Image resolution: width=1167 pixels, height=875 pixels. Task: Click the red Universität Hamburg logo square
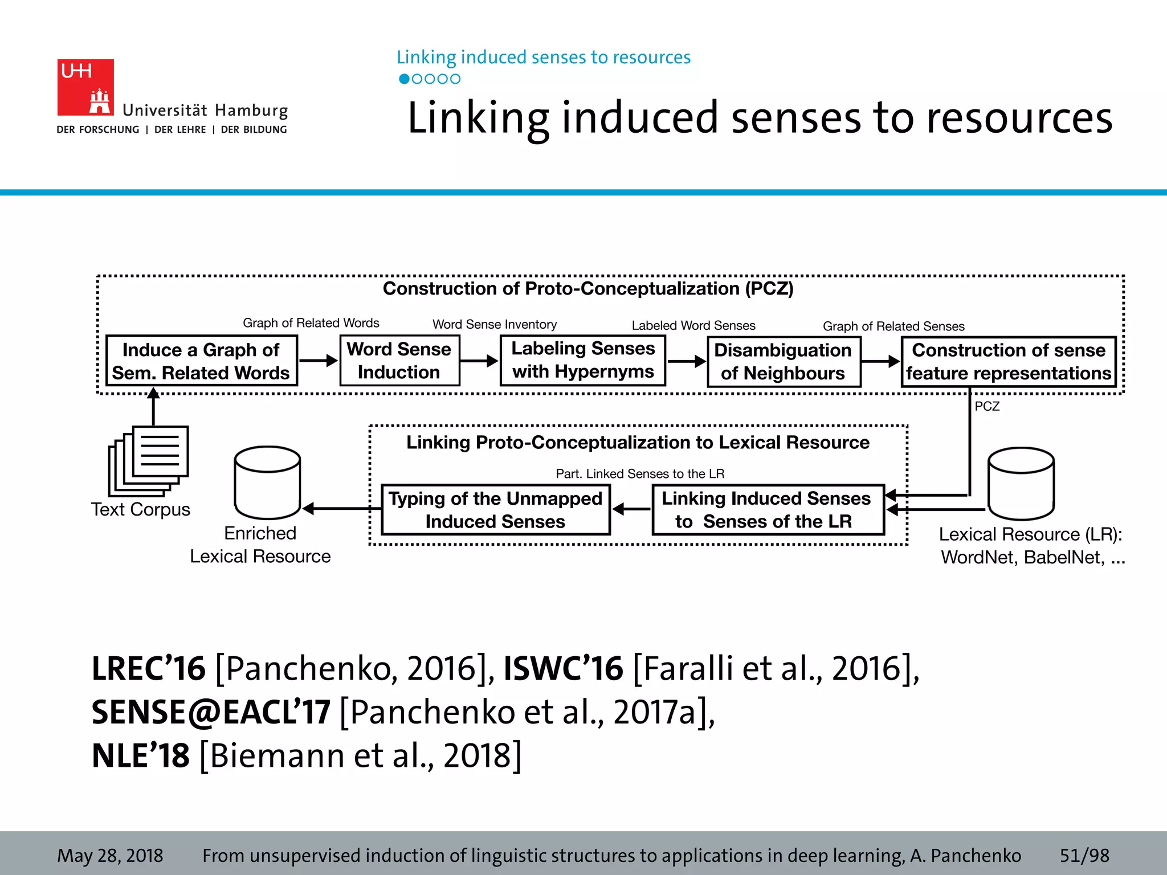[85, 87]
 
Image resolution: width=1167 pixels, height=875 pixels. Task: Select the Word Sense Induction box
[399, 361]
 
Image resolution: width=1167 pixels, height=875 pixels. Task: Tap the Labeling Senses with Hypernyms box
[583, 360]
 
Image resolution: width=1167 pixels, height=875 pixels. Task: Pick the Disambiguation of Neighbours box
[784, 362]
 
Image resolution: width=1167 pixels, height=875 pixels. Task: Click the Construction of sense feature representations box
[1008, 362]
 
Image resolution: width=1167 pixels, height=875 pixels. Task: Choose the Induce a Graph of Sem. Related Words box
[202, 361]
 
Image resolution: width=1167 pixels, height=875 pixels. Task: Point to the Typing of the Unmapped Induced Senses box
[495, 510]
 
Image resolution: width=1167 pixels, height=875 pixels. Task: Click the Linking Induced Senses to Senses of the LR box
[767, 510]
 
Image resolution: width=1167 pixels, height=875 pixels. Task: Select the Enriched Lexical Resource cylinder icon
[267, 483]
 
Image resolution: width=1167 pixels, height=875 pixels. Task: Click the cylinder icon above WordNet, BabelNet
[1021, 484]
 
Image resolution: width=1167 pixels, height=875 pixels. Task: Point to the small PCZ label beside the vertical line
[987, 406]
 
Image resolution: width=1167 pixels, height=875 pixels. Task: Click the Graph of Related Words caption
[311, 323]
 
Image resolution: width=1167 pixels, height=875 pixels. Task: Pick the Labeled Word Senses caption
[693, 325]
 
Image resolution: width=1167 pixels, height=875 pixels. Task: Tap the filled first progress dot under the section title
[404, 79]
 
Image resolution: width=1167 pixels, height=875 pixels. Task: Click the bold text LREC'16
[148, 668]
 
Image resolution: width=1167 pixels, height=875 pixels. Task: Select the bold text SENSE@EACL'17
[211, 712]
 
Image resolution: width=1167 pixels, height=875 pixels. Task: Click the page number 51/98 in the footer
[1084, 855]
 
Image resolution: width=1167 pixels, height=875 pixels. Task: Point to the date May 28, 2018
[110, 855]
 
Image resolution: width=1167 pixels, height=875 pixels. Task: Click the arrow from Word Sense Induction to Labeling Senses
[479, 361]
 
